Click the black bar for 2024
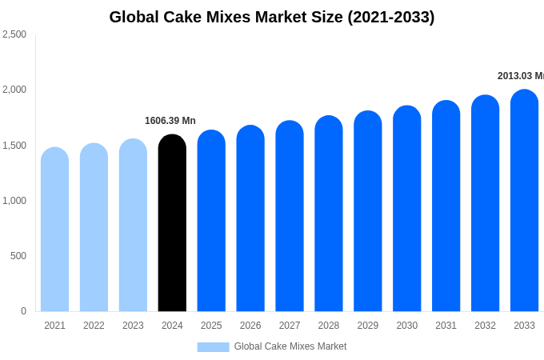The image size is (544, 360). coord(172,224)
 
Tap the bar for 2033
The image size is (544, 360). coord(524,202)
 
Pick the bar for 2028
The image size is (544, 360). coord(329,214)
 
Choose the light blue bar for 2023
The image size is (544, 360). coord(133,226)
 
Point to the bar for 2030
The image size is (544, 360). coord(406,210)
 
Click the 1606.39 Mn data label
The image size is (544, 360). coord(170,121)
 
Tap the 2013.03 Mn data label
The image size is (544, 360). coord(520,76)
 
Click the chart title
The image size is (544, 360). coord(272,17)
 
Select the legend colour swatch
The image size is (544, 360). coord(213,346)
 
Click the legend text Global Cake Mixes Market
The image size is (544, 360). coord(290,346)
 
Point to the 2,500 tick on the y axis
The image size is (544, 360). coord(14,34)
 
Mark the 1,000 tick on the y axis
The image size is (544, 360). coord(14,201)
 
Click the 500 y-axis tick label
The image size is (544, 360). coord(18,256)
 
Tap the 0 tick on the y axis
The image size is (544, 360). coord(23,311)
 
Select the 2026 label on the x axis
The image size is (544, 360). coord(250,326)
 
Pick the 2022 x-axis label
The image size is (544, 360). coord(94,326)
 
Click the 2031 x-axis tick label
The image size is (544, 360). coord(446,326)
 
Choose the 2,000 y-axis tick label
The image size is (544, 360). coord(14,90)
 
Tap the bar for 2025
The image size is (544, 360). coord(211,222)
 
